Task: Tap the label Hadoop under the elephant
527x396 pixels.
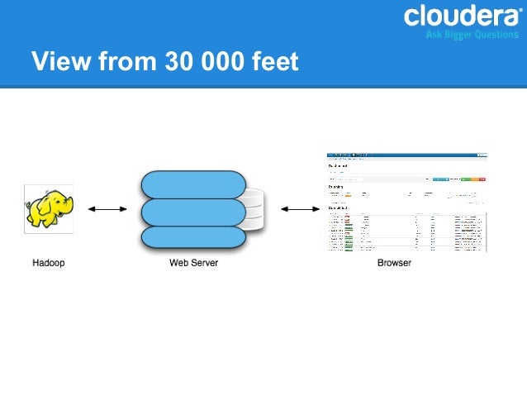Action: tap(48, 263)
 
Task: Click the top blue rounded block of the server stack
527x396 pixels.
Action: tap(194, 183)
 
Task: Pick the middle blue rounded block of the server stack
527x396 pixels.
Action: tap(194, 212)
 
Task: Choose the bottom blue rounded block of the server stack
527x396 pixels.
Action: tap(194, 237)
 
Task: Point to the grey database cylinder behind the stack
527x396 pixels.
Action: tap(254, 210)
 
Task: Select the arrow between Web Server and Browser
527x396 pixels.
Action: tap(297, 209)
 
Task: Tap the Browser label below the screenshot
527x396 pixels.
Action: tap(393, 263)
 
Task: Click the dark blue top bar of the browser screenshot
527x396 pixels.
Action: tap(406, 155)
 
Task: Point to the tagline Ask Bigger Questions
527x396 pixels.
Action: tap(472, 35)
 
